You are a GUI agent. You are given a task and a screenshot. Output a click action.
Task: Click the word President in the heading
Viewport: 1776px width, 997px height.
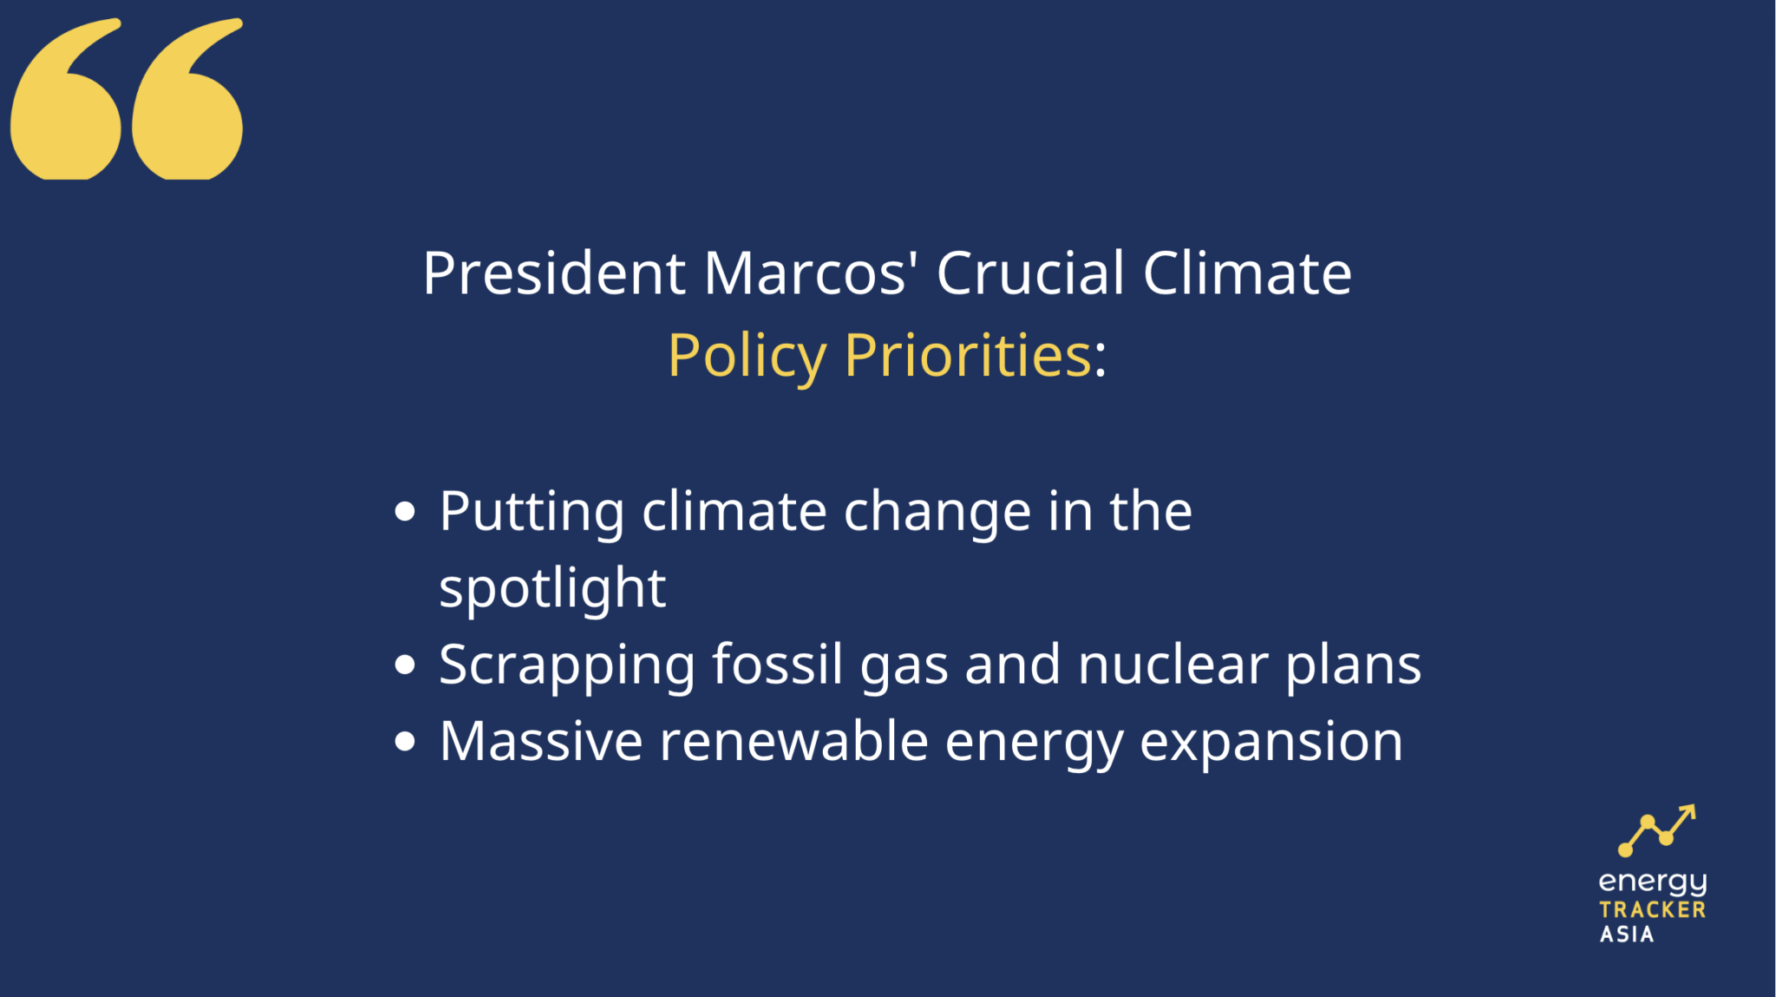pos(554,274)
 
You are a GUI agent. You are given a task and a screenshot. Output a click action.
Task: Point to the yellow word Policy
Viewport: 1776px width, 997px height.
pos(747,357)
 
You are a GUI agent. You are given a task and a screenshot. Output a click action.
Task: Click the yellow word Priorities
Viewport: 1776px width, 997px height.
pos(967,355)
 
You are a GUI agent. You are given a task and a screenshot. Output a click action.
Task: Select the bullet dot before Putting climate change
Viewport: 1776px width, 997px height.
pos(404,511)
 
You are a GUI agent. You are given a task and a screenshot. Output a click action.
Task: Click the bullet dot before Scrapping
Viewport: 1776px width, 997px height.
pos(404,666)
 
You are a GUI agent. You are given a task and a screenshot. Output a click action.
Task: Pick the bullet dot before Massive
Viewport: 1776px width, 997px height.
pos(404,742)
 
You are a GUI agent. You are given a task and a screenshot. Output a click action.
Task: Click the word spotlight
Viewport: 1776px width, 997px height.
pos(552,589)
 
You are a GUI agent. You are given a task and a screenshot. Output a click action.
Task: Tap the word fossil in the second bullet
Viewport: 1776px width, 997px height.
pos(777,666)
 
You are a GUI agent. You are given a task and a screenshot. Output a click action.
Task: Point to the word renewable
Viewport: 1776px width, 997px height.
pos(793,742)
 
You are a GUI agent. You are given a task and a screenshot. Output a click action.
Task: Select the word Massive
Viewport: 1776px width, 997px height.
pos(541,742)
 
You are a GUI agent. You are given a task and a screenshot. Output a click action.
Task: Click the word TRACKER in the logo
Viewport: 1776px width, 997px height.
pos(1652,910)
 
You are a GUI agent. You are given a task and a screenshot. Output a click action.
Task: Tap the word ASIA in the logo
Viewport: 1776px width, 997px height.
pos(1627,935)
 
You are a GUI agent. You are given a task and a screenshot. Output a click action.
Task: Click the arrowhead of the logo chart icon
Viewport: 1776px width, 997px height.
pos(1688,811)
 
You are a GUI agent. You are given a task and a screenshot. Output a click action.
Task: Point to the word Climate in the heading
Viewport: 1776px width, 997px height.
pos(1247,274)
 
